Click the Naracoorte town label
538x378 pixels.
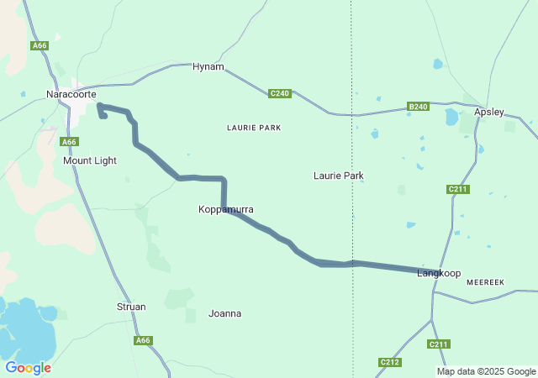pos(71,94)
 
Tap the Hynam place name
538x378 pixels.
pos(208,66)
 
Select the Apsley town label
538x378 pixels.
pos(489,112)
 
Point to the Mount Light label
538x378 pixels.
pos(90,160)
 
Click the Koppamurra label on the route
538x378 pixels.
pos(226,209)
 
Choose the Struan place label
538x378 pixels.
pos(131,307)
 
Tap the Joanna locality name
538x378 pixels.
pos(224,313)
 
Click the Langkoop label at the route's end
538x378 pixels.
pos(440,274)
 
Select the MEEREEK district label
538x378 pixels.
pos(485,283)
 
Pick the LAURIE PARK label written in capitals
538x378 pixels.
pos(254,128)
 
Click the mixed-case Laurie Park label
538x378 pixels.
pos(338,176)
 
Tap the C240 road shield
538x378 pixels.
pos(280,93)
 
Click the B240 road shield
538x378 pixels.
pos(418,107)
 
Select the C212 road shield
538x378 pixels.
pos(389,362)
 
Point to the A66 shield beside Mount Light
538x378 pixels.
pos(70,142)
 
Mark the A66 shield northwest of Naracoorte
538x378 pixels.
pos(40,45)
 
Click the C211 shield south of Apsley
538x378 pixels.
pos(458,189)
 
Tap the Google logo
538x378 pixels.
pos(28,368)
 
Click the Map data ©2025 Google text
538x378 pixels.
pos(486,371)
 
